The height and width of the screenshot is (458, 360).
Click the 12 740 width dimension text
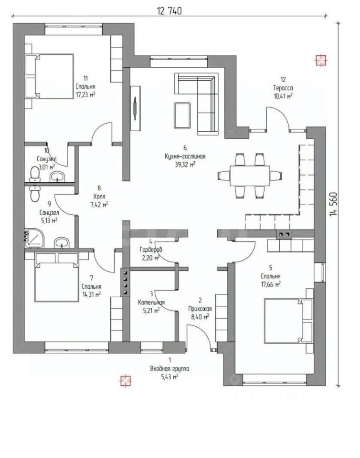point(169,11)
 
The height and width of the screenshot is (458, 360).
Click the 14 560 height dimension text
point(333,204)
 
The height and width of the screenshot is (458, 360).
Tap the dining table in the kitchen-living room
point(250,175)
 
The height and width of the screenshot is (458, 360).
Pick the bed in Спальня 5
point(288,320)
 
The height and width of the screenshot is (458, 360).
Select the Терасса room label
point(283,88)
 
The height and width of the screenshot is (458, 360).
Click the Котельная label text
point(151,302)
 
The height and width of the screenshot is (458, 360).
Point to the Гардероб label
point(151,250)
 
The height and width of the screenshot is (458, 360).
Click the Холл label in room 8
point(99,196)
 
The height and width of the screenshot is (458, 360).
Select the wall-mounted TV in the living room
point(135,108)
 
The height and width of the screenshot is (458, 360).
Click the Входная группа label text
point(169,369)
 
